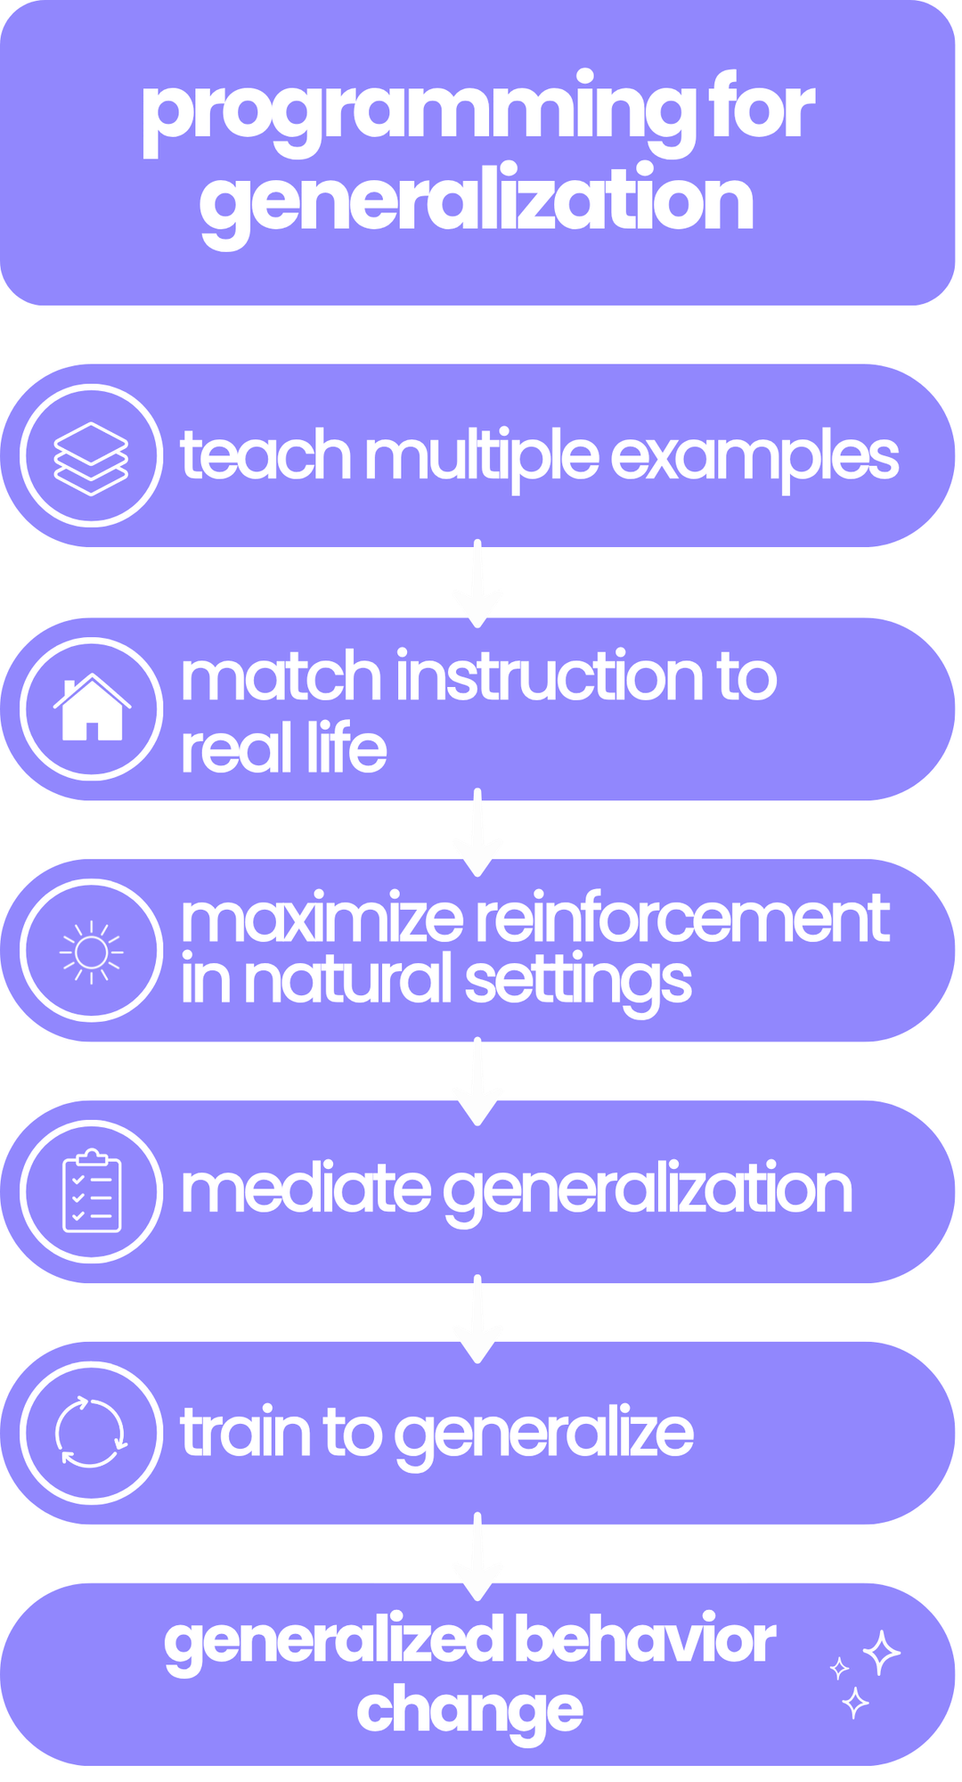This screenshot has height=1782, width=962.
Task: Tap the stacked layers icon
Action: [91, 456]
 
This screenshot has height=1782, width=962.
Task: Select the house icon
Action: [91, 708]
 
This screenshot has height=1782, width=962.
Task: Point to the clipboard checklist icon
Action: [91, 1191]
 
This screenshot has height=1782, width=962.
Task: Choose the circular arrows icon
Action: [91, 1432]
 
